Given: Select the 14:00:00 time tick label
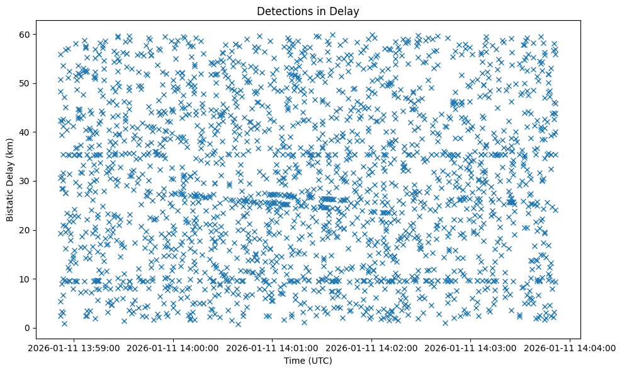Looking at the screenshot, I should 172,348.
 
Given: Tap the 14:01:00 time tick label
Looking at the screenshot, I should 272,348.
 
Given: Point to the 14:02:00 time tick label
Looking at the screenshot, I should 371,348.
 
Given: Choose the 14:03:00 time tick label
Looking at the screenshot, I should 471,348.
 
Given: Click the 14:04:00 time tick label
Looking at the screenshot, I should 570,348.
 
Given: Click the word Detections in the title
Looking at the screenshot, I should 282,11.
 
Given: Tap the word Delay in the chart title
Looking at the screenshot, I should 346,11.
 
